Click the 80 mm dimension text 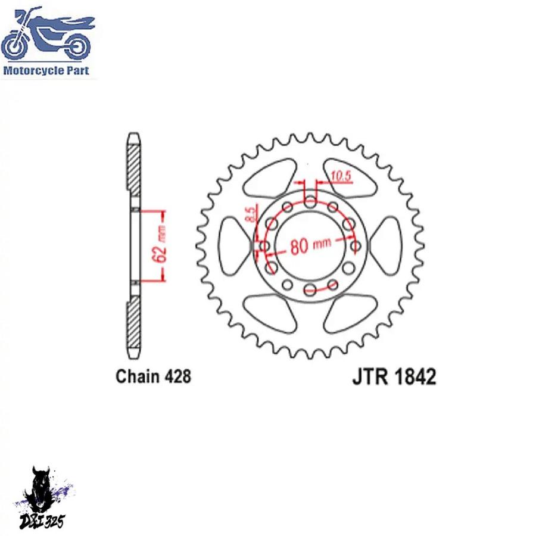click(x=310, y=245)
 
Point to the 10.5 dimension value click(x=341, y=176)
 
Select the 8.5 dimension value click(x=251, y=214)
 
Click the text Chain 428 click(x=153, y=376)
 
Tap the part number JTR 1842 click(x=394, y=377)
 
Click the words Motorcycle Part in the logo click(x=46, y=70)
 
